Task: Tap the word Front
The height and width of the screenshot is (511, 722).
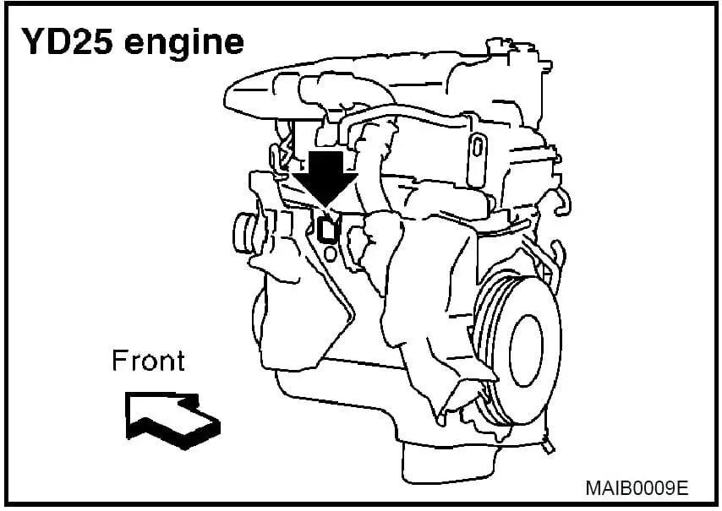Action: [148, 362]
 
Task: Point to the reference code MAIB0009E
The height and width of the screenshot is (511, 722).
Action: [637, 488]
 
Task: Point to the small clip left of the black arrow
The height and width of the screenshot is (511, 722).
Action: [275, 157]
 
